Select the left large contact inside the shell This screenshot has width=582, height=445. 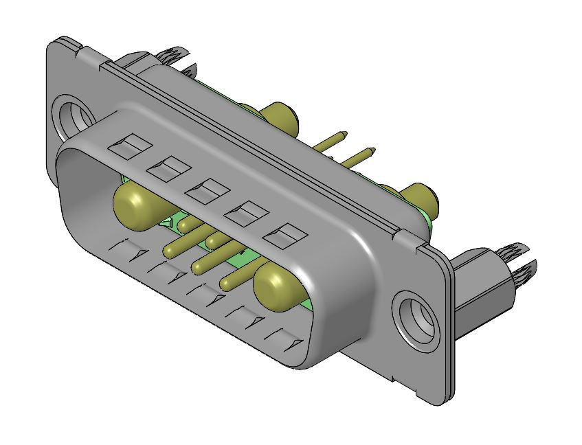135,205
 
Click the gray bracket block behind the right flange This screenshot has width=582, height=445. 481,295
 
